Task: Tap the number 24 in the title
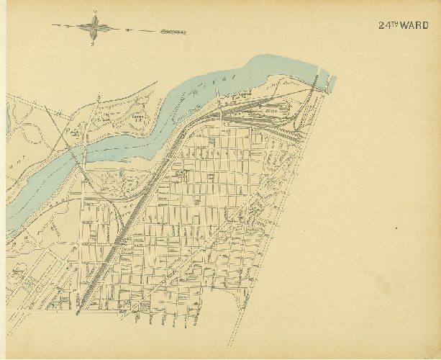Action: pyautogui.click(x=383, y=24)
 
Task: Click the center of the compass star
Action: pyautogui.click(x=94, y=28)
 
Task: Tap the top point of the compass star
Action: pyautogui.click(x=94, y=12)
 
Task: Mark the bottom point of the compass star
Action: pyautogui.click(x=94, y=45)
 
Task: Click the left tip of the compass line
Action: pyautogui.click(x=53, y=27)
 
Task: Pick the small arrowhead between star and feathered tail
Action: pyautogui.click(x=127, y=30)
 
